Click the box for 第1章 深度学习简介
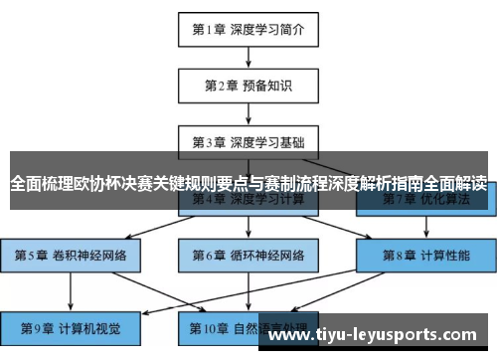coord(248,29)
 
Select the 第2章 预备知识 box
coord(248,86)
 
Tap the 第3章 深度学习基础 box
coord(248,142)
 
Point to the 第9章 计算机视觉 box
coord(71,328)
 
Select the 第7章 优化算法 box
coord(426,200)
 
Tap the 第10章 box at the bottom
coord(248,328)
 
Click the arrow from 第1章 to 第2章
coord(248,57)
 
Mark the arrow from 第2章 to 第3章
coord(248,113)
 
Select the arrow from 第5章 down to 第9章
coord(71,291)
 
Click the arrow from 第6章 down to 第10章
coord(248,291)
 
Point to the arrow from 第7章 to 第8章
coord(426,227)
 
